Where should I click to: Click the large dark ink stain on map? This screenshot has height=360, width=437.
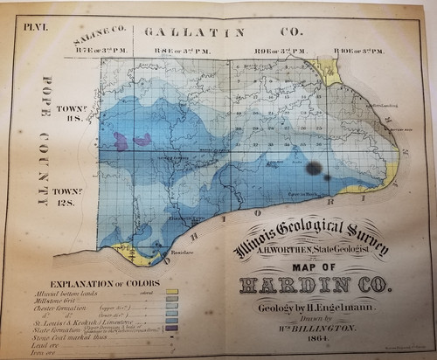[312, 168]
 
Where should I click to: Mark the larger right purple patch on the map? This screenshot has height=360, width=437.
[142, 139]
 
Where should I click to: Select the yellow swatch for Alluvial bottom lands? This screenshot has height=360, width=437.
[171, 292]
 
